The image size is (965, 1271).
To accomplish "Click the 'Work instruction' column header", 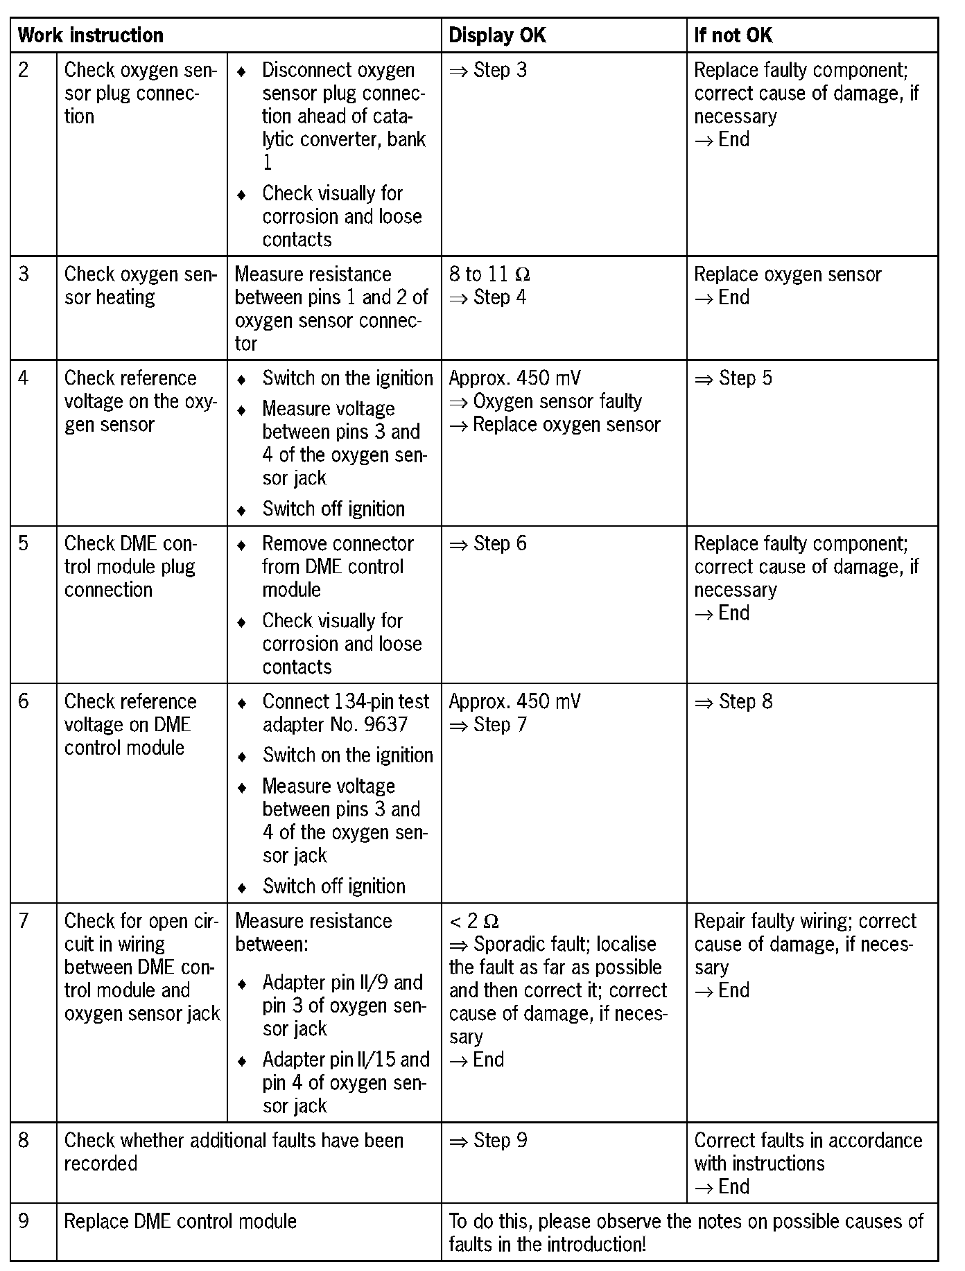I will [90, 35].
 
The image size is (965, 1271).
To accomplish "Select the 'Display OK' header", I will [497, 35].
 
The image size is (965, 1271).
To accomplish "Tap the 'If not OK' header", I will [733, 35].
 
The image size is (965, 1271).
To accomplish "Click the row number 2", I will [24, 71].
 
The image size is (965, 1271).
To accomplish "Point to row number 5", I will [24, 544].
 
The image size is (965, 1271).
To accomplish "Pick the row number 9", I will [24, 1220].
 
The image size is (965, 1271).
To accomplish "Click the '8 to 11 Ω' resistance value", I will [489, 274].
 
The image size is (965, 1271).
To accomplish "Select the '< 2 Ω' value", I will [474, 921].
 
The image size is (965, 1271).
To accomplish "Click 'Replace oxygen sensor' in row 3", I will [788, 274].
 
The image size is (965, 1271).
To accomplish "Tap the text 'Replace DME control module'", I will [180, 1220].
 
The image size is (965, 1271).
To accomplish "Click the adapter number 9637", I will [385, 725].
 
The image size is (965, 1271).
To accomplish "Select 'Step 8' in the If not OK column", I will [745, 702].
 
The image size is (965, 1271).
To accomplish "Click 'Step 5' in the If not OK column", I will [745, 378].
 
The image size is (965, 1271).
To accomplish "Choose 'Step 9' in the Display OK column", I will [500, 1141].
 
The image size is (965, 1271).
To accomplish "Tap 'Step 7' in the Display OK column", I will [500, 725].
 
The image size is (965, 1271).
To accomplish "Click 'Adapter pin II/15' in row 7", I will [345, 1060].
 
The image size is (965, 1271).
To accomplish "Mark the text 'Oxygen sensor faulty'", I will [557, 401].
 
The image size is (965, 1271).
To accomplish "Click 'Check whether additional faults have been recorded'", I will [234, 1152].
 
